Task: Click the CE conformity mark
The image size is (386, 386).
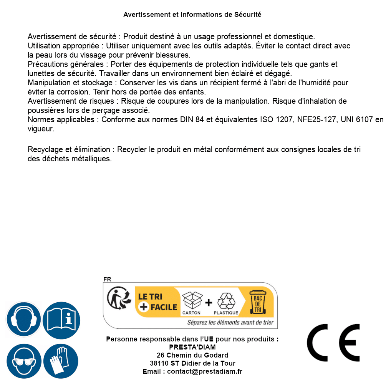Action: [333, 343]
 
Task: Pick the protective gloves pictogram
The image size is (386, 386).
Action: [61, 361]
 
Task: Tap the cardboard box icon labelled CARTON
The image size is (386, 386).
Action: [192, 300]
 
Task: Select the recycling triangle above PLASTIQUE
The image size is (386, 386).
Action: [226, 301]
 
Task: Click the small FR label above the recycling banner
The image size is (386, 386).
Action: [107, 279]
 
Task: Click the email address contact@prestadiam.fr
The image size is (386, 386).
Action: [205, 371]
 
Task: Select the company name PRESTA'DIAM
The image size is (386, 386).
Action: [192, 347]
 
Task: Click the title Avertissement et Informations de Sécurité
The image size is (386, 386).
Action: [192, 15]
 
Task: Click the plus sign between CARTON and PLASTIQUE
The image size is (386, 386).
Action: [209, 303]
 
